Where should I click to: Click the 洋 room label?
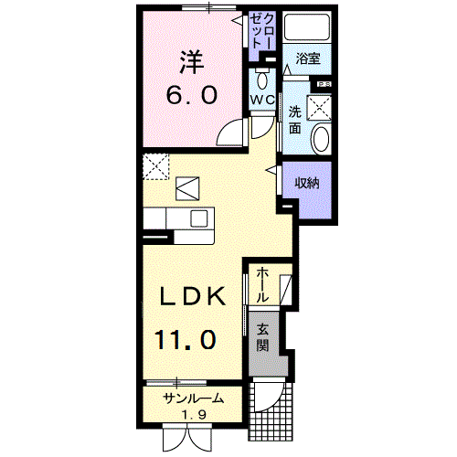point(189,61)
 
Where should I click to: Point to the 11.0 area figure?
point(185,340)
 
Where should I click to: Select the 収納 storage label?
point(307,183)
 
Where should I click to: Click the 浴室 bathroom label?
point(307,58)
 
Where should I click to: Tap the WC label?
point(262,97)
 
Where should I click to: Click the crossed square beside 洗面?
point(321,108)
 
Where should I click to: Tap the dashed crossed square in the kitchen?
point(155,166)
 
